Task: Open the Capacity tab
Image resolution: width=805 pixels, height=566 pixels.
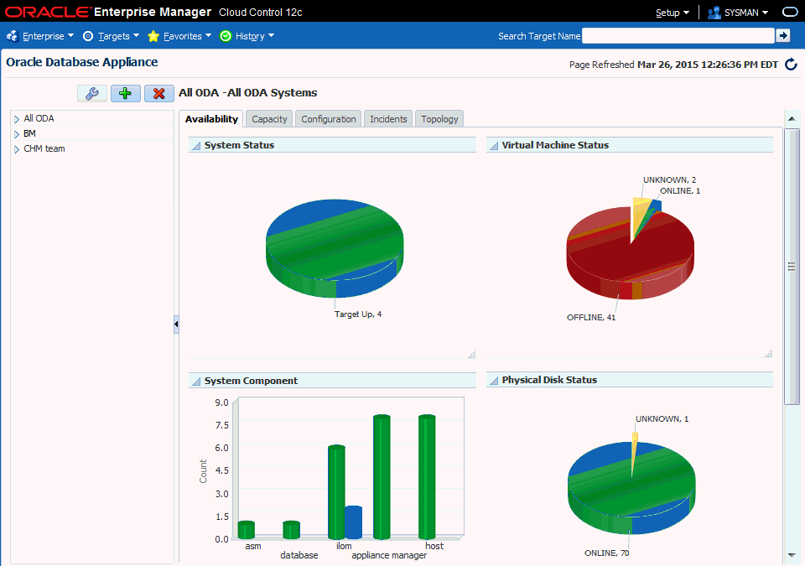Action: (269, 119)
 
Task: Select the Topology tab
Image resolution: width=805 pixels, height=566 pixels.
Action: (439, 119)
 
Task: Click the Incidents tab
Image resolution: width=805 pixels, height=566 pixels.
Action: (388, 119)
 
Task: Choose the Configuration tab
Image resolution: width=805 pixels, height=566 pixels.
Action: (329, 119)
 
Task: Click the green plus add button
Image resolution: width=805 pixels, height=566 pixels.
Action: (125, 93)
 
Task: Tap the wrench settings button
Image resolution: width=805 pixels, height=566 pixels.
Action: (91, 93)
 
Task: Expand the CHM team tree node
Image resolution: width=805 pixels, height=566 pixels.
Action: (16, 149)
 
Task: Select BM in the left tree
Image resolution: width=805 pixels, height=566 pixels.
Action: (29, 133)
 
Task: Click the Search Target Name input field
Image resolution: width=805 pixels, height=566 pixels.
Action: (678, 36)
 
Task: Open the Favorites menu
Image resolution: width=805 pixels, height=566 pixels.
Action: (179, 36)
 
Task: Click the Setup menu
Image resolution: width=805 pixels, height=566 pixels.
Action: (672, 13)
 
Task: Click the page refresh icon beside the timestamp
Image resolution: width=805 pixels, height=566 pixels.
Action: (791, 65)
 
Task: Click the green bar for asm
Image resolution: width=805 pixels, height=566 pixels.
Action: (246, 530)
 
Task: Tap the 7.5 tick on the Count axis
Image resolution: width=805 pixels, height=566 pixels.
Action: (221, 425)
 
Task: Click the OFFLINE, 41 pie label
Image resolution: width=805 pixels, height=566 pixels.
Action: (591, 318)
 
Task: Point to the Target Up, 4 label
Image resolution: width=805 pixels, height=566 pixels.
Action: (358, 314)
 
